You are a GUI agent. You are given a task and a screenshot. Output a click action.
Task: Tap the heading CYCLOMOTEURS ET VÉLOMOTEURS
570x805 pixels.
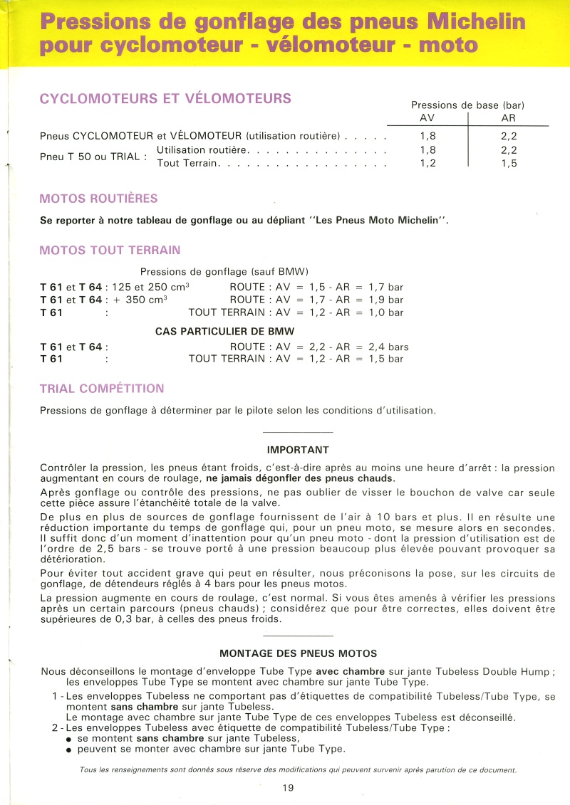(x=165, y=99)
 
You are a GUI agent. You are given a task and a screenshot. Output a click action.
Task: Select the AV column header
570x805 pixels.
(x=427, y=118)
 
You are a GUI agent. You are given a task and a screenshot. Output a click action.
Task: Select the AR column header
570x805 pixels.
(x=508, y=118)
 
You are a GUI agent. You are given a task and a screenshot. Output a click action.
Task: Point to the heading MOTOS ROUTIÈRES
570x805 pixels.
(x=99, y=199)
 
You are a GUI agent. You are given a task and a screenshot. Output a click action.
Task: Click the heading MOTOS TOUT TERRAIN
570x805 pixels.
(x=110, y=250)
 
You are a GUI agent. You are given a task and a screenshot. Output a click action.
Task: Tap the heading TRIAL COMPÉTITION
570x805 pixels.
(x=102, y=389)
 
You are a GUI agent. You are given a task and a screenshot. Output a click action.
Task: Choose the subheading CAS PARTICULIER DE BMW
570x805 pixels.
(x=224, y=331)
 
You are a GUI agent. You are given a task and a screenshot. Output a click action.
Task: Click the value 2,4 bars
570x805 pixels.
(x=388, y=347)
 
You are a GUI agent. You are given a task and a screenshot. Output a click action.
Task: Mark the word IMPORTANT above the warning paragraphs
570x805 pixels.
(x=298, y=450)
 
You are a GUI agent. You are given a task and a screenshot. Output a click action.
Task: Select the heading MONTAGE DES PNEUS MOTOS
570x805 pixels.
(x=298, y=653)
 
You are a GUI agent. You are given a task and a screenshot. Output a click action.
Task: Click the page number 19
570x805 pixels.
(x=288, y=788)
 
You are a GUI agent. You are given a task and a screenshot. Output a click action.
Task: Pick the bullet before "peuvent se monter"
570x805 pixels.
(x=69, y=749)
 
